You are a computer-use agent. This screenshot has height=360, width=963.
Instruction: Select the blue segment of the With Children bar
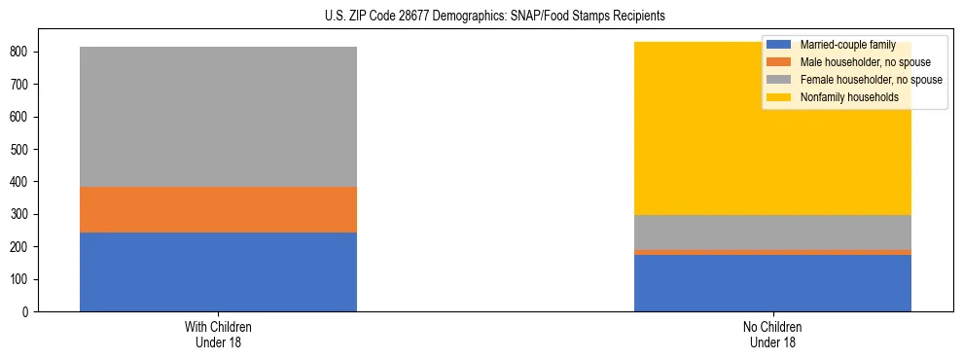218,271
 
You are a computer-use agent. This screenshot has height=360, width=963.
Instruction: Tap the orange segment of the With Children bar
218,209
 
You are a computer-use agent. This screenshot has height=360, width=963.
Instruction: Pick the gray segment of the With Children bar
218,117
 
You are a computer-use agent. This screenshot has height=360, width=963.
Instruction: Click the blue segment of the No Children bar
772,283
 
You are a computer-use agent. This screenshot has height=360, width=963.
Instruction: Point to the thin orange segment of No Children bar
772,252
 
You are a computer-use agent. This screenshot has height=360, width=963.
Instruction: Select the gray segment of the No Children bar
772,233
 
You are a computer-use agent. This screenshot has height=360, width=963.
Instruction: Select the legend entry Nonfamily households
842,97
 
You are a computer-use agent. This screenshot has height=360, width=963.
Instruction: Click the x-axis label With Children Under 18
218,334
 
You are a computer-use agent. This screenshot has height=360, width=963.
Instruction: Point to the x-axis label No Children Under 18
772,334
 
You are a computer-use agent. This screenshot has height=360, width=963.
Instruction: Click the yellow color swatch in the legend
779,97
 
